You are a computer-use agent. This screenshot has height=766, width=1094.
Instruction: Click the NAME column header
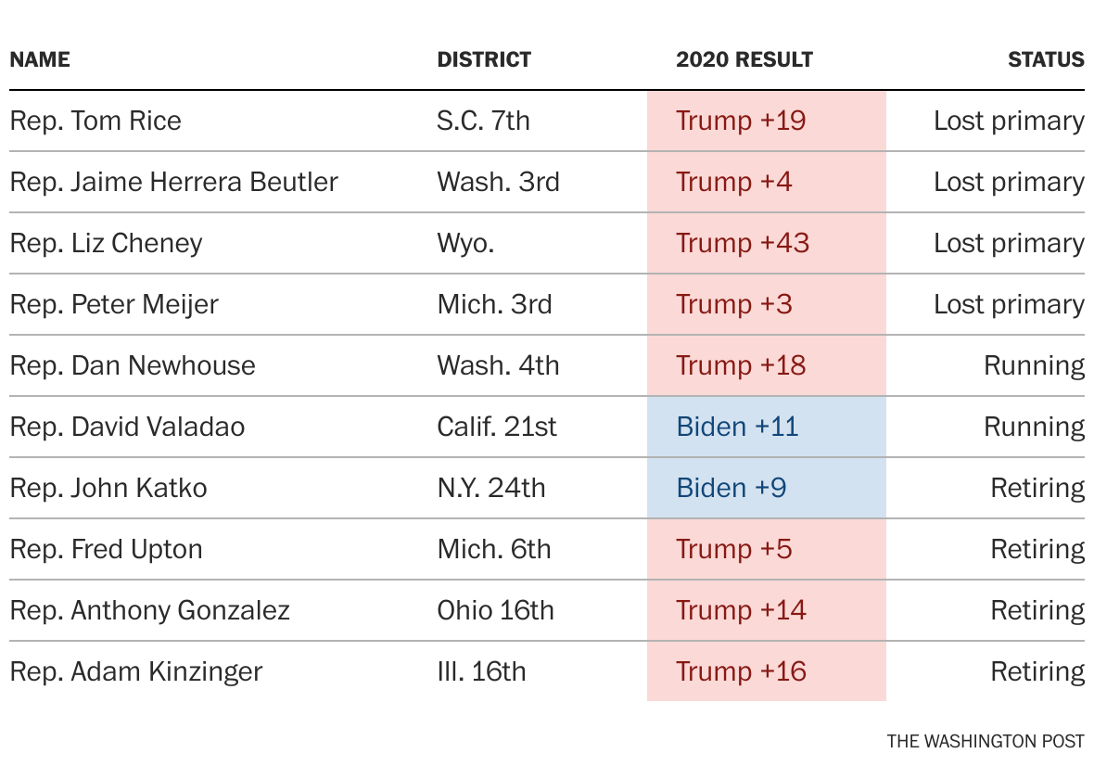coord(40,60)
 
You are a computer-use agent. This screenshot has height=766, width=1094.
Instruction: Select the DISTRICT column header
coord(484,60)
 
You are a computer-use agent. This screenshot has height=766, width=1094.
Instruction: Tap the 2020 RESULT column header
coord(744,60)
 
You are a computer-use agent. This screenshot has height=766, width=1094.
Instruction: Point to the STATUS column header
coord(1045,60)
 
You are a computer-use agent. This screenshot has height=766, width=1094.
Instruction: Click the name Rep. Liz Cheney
coord(106,243)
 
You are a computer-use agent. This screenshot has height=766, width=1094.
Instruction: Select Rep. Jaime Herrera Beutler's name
coord(173,182)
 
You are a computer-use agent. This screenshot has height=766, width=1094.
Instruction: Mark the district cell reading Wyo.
coord(465,243)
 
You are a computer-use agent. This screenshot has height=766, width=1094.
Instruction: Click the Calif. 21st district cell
coord(497,427)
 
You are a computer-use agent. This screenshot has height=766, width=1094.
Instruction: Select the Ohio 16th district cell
coord(495,610)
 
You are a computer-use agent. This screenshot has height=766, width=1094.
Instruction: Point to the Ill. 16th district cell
coord(481,671)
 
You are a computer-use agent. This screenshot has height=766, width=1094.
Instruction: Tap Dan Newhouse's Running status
coord(1033,365)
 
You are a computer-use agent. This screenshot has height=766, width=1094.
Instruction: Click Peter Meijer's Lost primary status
coord(1008,304)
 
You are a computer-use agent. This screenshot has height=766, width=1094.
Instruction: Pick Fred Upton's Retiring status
coord(1037,549)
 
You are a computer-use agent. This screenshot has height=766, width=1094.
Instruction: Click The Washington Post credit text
coord(985,741)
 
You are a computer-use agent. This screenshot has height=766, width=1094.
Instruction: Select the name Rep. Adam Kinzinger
coord(135,671)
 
